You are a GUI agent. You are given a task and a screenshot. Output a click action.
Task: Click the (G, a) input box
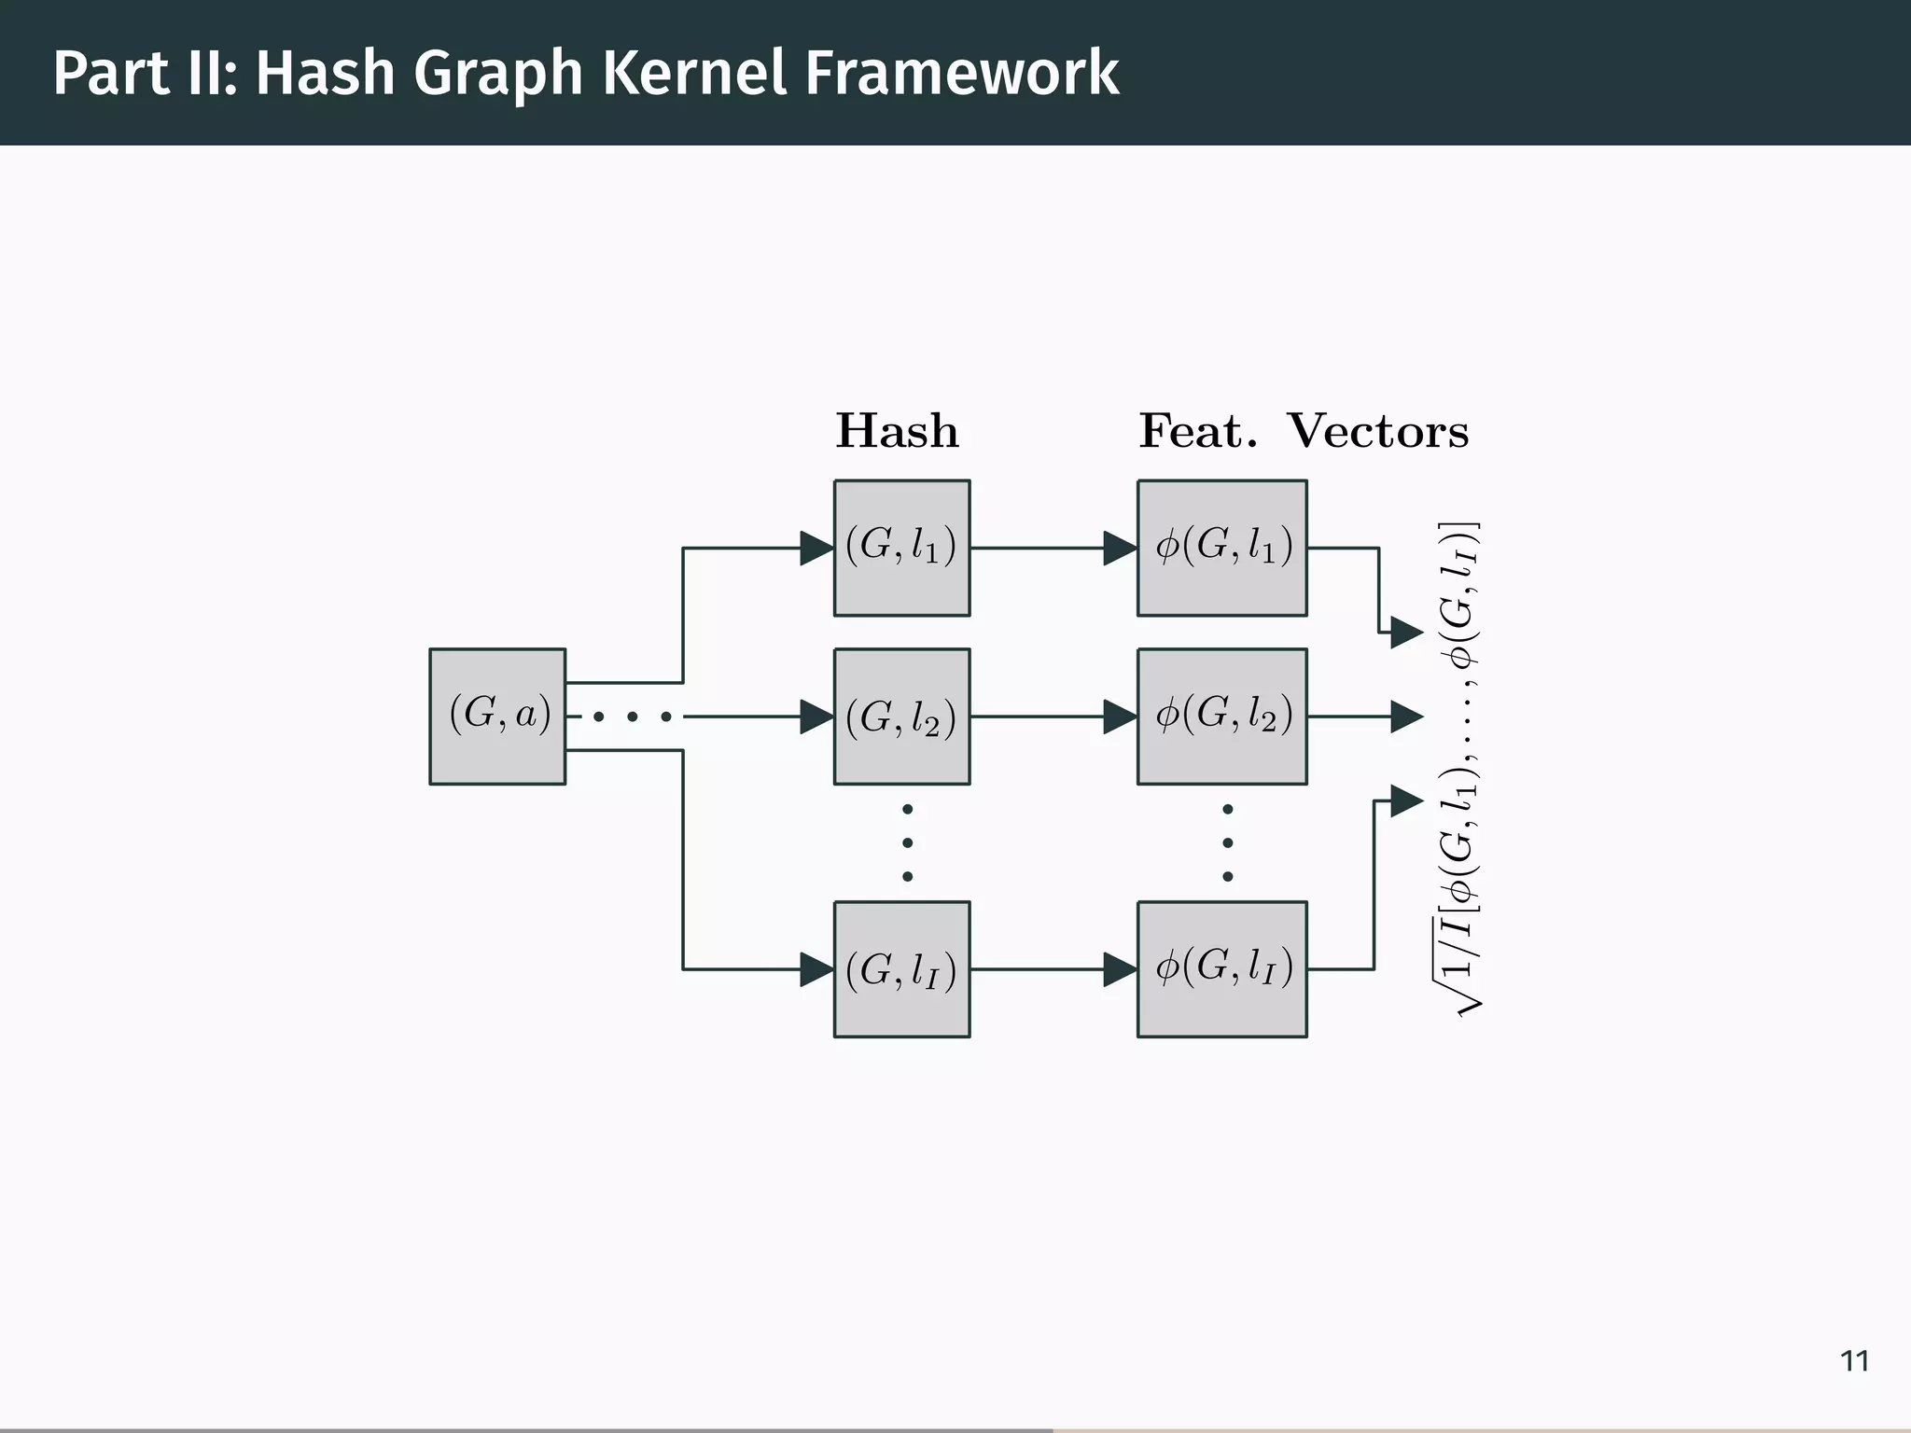coord(497,716)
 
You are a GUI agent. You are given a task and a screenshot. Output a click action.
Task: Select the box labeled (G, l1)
coord(901,548)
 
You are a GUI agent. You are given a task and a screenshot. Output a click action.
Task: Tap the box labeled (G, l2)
coord(901,716)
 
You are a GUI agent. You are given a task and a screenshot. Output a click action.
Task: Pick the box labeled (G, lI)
coord(901,968)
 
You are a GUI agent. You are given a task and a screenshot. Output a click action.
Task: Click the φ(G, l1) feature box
coord(1221,548)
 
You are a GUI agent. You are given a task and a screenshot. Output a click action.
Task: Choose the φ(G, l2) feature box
coord(1221,716)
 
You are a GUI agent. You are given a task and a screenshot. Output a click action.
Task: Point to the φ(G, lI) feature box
coord(1221,968)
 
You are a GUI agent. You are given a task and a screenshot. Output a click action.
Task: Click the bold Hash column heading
coord(897,431)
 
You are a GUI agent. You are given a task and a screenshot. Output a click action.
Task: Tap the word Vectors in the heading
coord(1377,431)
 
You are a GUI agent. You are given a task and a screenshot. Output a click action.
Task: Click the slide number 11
coord(1854,1361)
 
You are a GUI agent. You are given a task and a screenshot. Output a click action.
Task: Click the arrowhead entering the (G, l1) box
coord(816,548)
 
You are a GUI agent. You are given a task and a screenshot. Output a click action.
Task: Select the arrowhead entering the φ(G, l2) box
coord(1120,716)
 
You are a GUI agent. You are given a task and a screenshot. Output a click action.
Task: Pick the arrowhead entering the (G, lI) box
coord(816,969)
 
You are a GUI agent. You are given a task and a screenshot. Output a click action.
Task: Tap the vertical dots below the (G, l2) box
coord(907,842)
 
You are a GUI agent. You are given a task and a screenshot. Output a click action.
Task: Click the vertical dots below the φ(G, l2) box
coord(1227,842)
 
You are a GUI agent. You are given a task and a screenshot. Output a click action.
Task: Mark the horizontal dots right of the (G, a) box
coord(632,716)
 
